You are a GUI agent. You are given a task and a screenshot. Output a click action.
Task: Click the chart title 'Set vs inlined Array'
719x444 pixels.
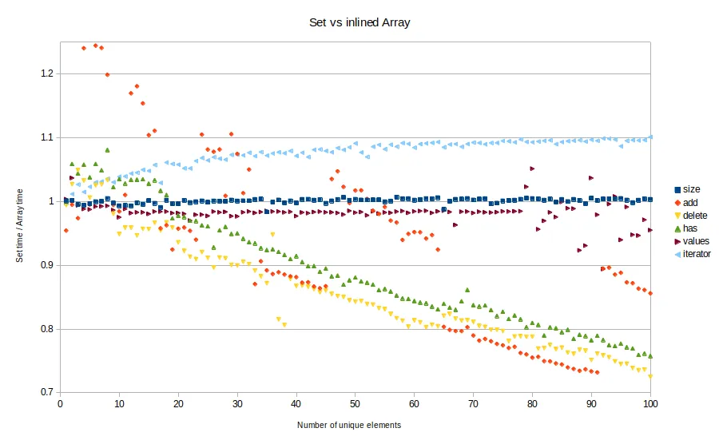coord(359,22)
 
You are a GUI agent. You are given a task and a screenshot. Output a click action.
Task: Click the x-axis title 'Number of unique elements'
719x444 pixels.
coord(349,425)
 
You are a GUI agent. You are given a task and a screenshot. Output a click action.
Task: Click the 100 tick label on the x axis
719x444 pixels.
coord(650,405)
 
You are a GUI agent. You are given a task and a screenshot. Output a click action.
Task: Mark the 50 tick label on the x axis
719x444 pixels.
coord(356,405)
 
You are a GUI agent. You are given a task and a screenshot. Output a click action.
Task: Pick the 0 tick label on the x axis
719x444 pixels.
coord(61,405)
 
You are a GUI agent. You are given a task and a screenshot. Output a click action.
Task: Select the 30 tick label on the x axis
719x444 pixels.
coord(237,405)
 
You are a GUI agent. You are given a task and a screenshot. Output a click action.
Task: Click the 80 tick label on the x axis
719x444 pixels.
coord(532,405)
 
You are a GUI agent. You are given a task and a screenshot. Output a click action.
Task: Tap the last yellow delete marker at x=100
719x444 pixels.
coord(650,376)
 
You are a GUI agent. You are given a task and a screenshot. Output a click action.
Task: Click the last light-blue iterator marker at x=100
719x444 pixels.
coord(650,137)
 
